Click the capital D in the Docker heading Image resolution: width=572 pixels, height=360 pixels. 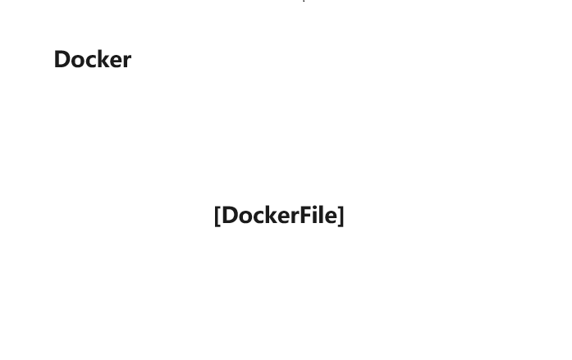[x=62, y=60]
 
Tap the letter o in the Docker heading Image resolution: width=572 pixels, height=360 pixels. [x=76, y=62]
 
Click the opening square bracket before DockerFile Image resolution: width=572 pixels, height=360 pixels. [x=217, y=216]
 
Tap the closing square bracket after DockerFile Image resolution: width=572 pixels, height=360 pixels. [x=341, y=216]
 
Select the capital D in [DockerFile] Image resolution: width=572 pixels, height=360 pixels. [x=230, y=216]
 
